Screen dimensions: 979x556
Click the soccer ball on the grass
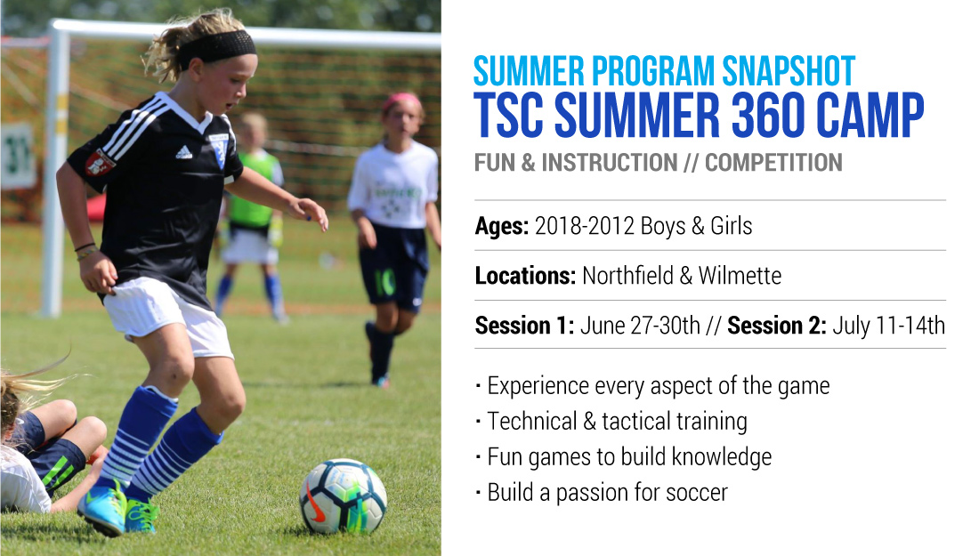[343, 496]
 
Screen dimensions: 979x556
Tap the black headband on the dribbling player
[219, 47]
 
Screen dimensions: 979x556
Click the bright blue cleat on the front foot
[103, 509]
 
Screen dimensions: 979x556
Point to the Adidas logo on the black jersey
[183, 151]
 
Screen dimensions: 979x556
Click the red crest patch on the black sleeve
[100, 162]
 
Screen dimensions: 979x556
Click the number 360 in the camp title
[767, 116]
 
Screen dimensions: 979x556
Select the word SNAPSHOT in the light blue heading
[789, 71]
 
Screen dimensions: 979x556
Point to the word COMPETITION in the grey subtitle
[773, 163]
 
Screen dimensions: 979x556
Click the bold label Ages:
[502, 226]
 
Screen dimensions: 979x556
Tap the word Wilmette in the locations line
[740, 275]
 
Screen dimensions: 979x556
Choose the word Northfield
[628, 275]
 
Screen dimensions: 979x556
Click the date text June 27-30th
[641, 326]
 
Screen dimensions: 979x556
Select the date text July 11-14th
[888, 326]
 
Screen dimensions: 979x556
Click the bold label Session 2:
[777, 326]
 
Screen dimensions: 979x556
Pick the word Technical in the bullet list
[532, 421]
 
